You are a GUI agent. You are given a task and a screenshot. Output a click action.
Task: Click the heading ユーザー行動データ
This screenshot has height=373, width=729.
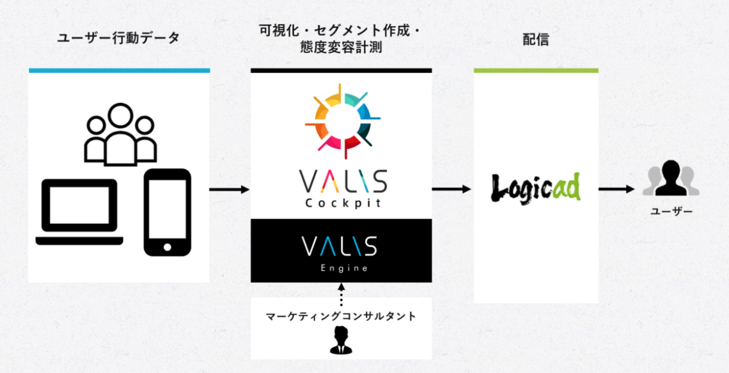[118, 38]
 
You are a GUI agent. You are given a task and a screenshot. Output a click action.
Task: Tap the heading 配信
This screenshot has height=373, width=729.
[536, 40]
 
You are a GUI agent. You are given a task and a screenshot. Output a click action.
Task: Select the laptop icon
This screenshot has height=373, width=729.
[79, 212]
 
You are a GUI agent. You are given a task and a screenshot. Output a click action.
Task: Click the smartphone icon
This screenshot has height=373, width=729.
[168, 212]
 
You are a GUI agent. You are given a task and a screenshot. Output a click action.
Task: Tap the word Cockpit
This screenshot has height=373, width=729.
[342, 204]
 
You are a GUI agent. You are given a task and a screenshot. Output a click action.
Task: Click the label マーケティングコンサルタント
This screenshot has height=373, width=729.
[341, 317]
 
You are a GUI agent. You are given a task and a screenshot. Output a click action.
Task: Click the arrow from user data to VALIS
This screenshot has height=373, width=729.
[230, 189]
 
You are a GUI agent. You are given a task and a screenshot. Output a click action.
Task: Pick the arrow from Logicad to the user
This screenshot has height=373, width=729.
[616, 189]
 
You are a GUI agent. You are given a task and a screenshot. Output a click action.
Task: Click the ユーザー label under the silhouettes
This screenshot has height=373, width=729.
[671, 212]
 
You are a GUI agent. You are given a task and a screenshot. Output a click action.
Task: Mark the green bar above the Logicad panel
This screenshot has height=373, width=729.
[536, 70]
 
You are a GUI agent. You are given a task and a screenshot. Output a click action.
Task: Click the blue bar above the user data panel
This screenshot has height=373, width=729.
[119, 70]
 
